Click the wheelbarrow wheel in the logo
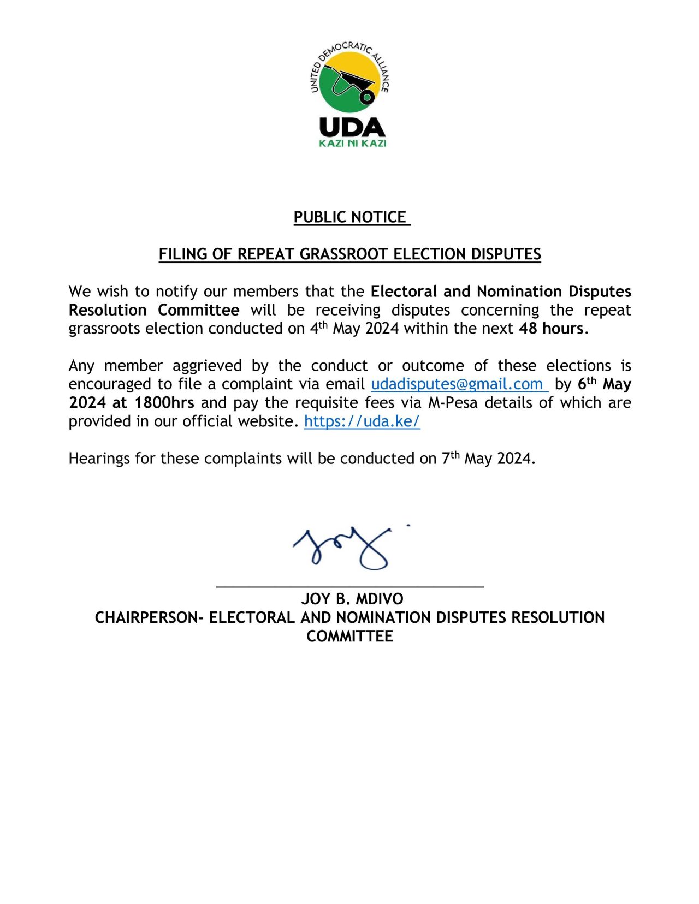(x=367, y=97)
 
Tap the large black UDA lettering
(x=352, y=127)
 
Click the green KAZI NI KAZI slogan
(x=352, y=143)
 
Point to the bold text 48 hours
(x=551, y=328)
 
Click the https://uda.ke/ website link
(x=362, y=421)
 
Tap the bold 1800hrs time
(x=164, y=403)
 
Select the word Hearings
(x=99, y=459)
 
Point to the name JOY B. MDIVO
(x=352, y=599)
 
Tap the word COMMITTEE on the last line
(x=349, y=636)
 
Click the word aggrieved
(x=207, y=366)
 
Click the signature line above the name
(x=350, y=586)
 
